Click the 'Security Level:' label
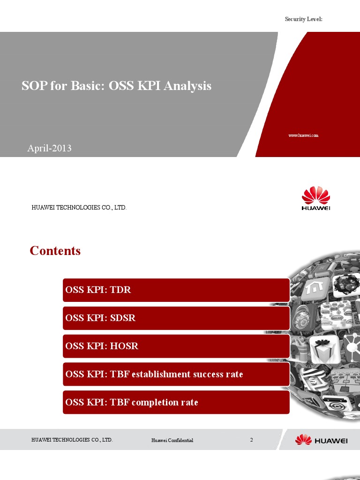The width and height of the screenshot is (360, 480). (x=304, y=19)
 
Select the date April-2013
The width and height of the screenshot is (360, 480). (x=49, y=148)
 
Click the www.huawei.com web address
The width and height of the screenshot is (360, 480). (x=303, y=135)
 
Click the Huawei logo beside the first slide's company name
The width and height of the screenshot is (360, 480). (x=315, y=199)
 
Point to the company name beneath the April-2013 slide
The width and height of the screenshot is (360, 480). (x=79, y=207)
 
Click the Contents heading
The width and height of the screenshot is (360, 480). (x=55, y=251)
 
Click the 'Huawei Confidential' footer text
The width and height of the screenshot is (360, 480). (x=172, y=441)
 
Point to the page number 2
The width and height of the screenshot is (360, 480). (x=252, y=440)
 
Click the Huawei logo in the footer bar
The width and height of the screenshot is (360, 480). (x=321, y=440)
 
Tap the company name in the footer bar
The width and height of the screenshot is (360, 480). (x=72, y=440)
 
